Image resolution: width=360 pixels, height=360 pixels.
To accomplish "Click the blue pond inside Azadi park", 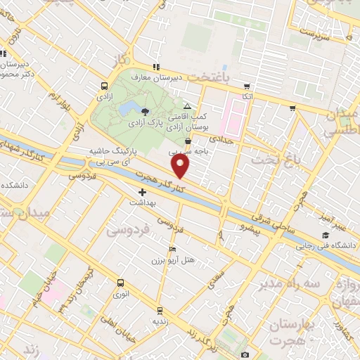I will pyautogui.click(x=129, y=108).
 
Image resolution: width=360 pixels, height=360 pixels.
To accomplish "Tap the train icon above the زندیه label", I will pyautogui.click(x=160, y=309).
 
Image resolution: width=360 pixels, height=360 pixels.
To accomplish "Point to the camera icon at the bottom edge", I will pyautogui.click(x=245, y=354).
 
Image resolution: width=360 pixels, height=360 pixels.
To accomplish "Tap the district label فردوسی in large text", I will pyautogui.click(x=128, y=229).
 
